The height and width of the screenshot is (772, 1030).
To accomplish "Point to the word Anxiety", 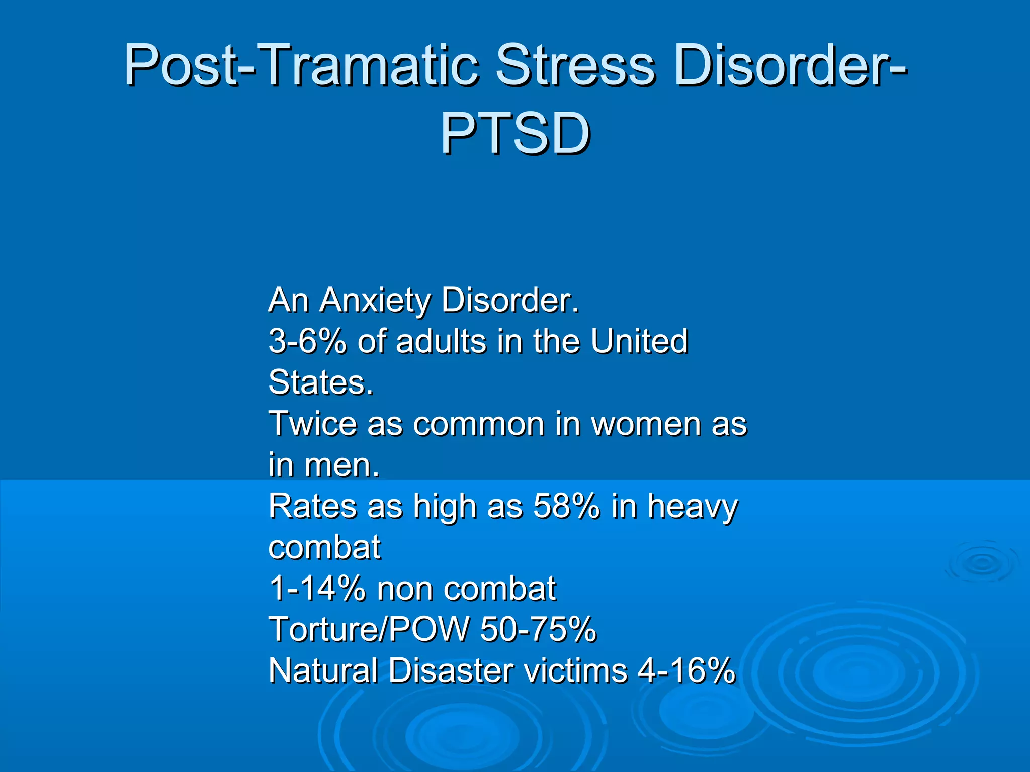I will click(375, 301).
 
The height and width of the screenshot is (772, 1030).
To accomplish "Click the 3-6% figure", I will click(307, 341).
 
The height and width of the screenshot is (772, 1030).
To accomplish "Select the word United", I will click(639, 341).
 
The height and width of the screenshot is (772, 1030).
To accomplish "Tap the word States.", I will click(321, 383).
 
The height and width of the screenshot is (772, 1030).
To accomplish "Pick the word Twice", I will click(312, 424).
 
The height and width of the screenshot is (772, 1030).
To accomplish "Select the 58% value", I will click(566, 507).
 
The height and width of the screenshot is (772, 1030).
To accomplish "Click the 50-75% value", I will click(538, 630).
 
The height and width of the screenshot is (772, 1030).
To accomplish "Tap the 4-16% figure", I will click(686, 671).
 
